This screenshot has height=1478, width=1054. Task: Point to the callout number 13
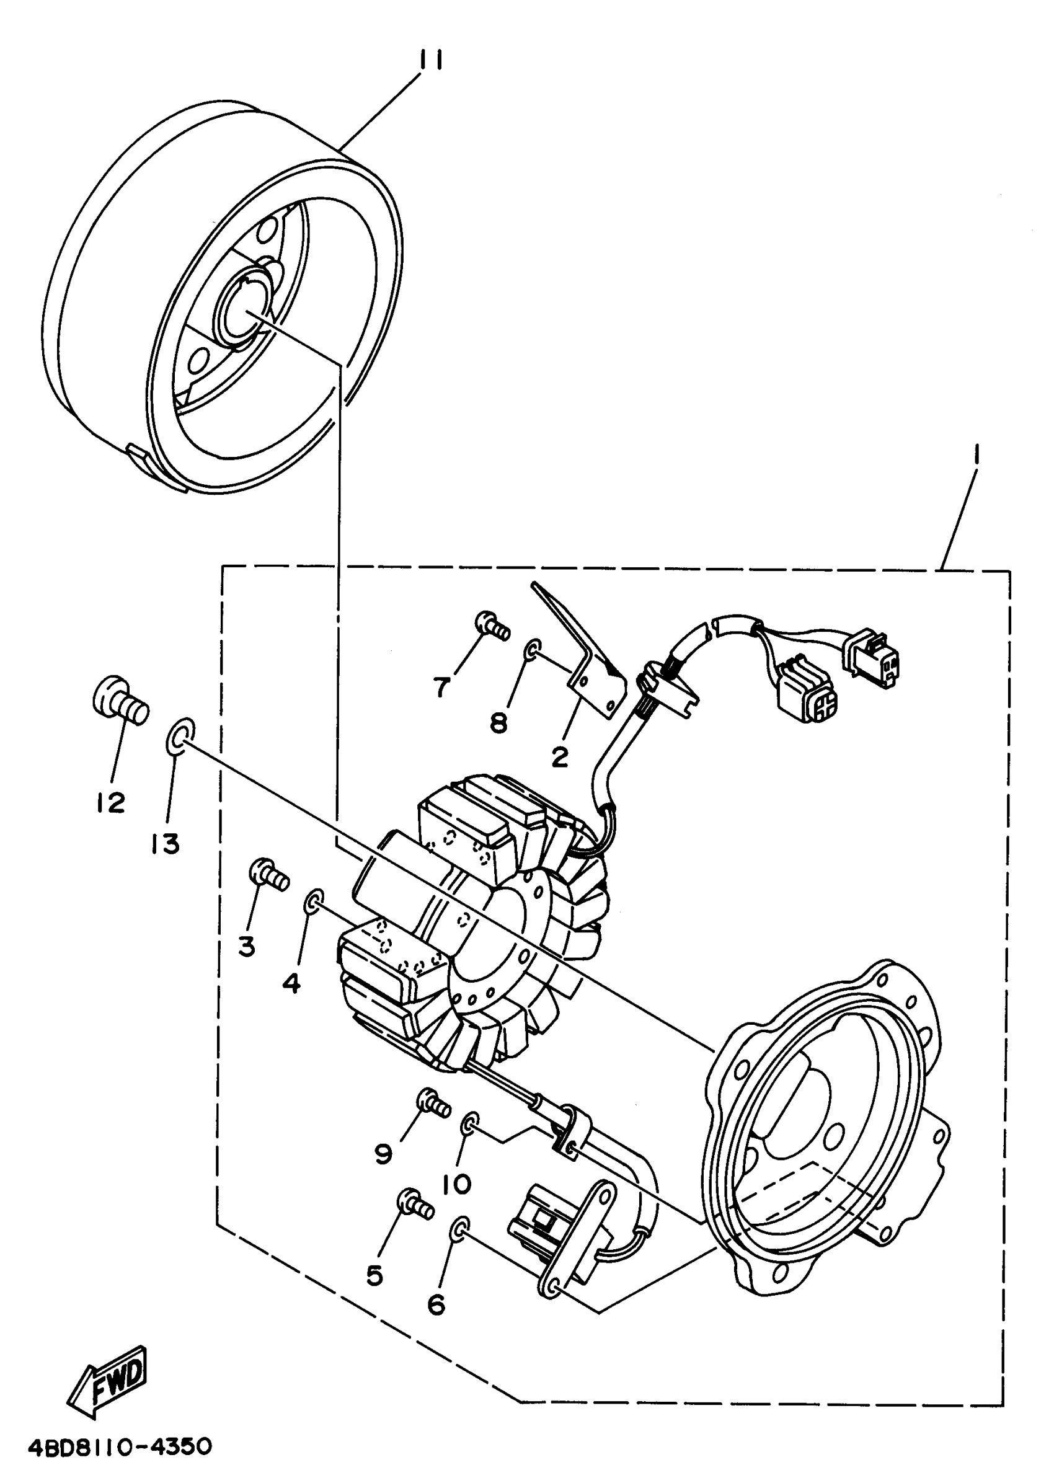pyautogui.click(x=166, y=844)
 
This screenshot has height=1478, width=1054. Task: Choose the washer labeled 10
pyautogui.click(x=470, y=1125)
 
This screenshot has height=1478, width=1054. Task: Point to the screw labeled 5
pyautogui.click(x=415, y=1205)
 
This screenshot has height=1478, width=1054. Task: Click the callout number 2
pyautogui.click(x=559, y=756)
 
